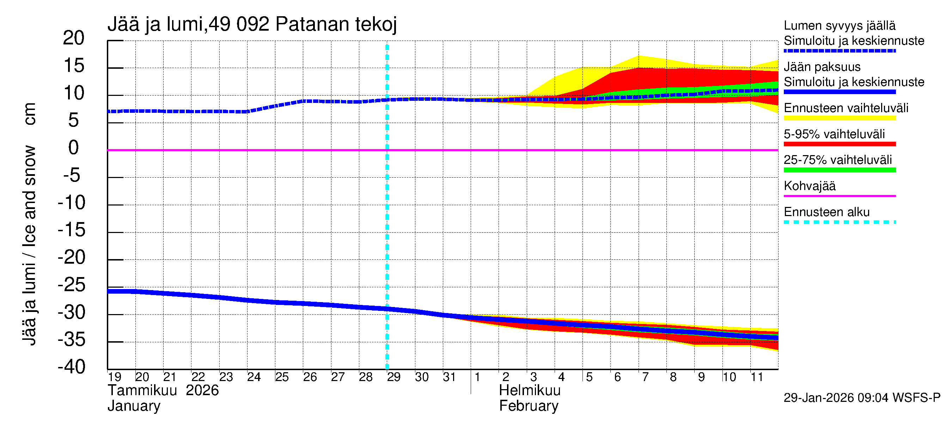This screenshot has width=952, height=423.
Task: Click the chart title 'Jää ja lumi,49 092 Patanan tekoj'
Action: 252,24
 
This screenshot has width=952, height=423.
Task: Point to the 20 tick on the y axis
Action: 74,38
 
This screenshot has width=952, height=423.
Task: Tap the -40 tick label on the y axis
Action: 71,367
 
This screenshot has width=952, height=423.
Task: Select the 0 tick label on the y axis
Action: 74,148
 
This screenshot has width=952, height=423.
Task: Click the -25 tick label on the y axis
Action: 71,285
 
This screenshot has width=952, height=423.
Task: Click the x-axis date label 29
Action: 393,377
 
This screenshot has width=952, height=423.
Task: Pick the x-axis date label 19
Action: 115,377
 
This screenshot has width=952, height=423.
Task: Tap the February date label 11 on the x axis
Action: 757,377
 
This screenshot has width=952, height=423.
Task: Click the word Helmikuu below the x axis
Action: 530,391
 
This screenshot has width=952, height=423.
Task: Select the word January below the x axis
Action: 134,406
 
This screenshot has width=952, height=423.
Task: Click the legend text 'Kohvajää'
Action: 809,186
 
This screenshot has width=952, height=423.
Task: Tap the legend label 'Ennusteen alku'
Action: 826,212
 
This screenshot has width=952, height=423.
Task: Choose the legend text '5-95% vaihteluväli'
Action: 834,134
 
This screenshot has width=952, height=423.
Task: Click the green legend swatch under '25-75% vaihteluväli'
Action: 839,170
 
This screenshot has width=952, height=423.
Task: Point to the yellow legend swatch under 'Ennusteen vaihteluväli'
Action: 839,118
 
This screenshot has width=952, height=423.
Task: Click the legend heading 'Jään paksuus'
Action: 822,67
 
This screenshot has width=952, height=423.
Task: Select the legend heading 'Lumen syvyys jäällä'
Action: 839,25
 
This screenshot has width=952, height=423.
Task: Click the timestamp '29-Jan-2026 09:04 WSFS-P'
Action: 862,398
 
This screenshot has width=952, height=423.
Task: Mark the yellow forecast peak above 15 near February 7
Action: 639,57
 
